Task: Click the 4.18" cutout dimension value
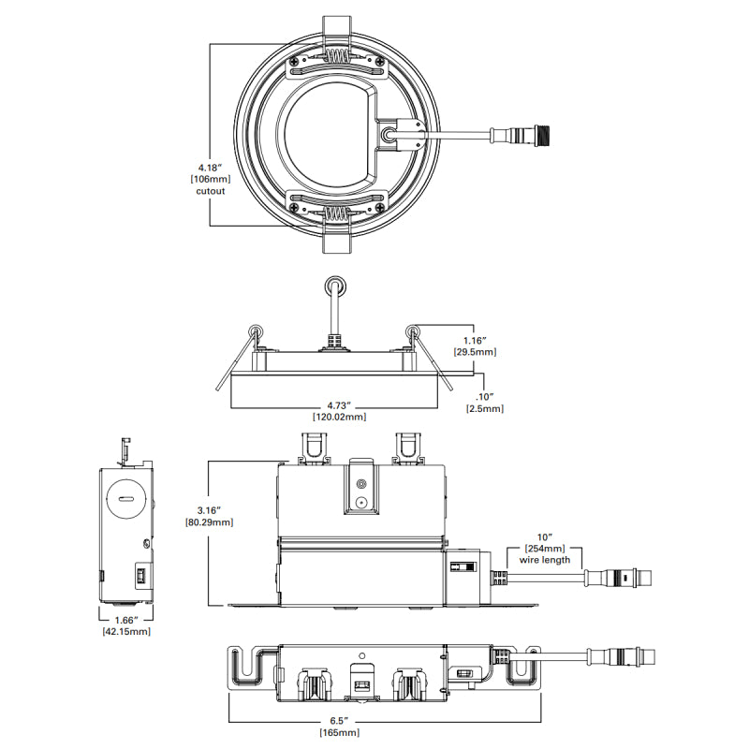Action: pos(210,168)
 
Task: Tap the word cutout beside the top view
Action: pos(210,191)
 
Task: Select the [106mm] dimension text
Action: pos(210,179)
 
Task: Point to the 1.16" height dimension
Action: pos(475,341)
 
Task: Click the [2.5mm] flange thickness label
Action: pos(485,408)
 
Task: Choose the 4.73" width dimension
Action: pos(339,405)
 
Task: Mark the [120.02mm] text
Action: pos(339,417)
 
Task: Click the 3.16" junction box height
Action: pos(209,510)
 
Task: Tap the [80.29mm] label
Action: pos(209,522)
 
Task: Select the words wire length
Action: pos(545,560)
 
